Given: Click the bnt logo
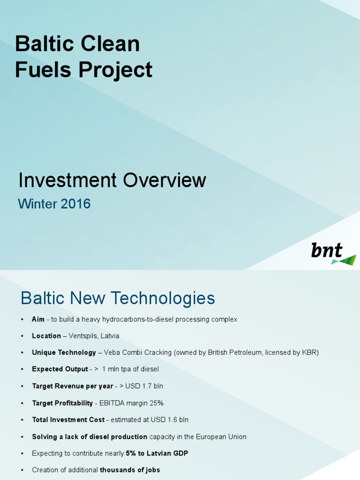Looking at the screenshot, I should point(333,253).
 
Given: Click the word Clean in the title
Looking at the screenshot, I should point(110,44).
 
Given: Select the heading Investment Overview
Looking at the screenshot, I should point(112,180).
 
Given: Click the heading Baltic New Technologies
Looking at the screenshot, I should point(118,298).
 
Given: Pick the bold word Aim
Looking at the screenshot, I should point(38,319).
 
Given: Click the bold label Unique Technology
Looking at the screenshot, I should point(64,352).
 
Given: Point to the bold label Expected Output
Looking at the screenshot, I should point(60,369).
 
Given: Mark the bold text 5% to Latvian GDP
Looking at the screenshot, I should point(157,453).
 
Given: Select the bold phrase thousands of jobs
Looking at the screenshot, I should point(130,470).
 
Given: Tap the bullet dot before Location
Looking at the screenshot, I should point(22,336).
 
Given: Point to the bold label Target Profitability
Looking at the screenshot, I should point(62,403).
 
